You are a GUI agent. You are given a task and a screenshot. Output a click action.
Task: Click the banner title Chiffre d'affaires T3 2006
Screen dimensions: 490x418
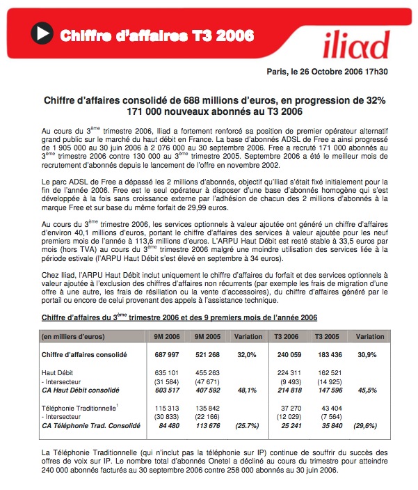(156, 35)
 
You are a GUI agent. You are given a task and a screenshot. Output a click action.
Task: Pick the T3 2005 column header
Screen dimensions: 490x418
(327, 336)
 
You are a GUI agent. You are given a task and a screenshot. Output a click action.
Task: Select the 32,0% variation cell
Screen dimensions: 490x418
(247, 354)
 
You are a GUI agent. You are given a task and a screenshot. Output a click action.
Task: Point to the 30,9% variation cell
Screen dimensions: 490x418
(369, 354)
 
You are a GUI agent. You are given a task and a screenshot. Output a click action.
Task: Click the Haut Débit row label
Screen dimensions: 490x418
(59, 372)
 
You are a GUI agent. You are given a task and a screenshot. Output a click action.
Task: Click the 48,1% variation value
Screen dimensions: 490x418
(247, 390)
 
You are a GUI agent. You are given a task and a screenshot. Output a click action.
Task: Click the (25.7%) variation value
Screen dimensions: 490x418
(247, 426)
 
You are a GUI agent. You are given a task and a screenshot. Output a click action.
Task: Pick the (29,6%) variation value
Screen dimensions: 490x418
(369, 426)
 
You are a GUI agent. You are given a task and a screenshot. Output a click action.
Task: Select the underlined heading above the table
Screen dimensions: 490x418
(179, 317)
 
